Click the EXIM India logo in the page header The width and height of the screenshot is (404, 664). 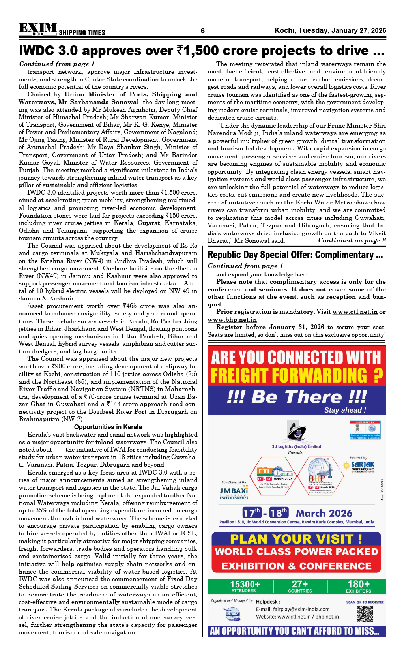[38, 29]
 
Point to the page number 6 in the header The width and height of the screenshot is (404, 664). [202, 31]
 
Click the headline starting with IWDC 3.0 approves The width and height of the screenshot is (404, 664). [202, 51]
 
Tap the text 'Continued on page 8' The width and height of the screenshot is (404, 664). [352, 240]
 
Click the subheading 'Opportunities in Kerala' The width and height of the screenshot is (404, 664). [108, 427]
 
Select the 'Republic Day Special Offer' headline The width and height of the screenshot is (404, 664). [295, 255]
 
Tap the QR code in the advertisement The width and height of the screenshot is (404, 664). [365, 614]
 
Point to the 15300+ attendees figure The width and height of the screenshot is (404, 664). [245, 586]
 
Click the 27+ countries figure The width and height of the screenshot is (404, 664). [300, 586]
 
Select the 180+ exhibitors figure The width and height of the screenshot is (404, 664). [358, 586]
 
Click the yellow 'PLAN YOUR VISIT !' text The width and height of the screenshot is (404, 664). [296, 539]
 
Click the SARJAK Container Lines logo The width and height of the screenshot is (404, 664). [363, 465]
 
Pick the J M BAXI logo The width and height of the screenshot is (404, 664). [234, 492]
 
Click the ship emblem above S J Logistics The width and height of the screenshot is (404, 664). [296, 432]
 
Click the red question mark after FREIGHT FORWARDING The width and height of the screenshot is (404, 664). [378, 375]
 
